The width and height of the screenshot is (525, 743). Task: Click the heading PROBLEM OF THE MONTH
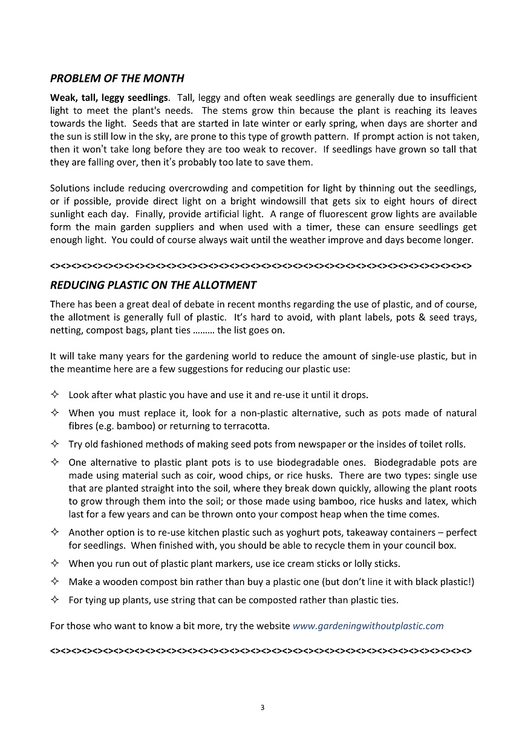(117, 79)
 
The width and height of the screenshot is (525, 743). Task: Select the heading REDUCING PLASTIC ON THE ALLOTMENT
(153, 285)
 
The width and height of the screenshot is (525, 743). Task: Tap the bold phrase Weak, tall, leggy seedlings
(109, 97)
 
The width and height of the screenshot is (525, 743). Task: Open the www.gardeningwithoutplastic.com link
(368, 626)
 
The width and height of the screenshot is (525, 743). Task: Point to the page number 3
(262, 707)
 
